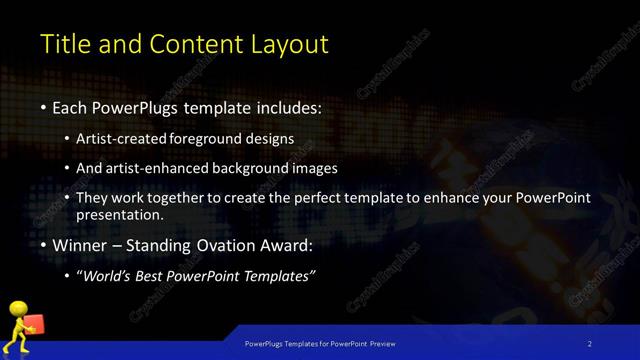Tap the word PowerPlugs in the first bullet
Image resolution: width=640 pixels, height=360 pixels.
[x=146, y=106]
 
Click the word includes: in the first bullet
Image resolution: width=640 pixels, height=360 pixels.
[x=289, y=106]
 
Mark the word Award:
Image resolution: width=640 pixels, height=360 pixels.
[x=289, y=245]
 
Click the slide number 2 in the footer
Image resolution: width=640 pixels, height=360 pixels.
[x=590, y=343]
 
